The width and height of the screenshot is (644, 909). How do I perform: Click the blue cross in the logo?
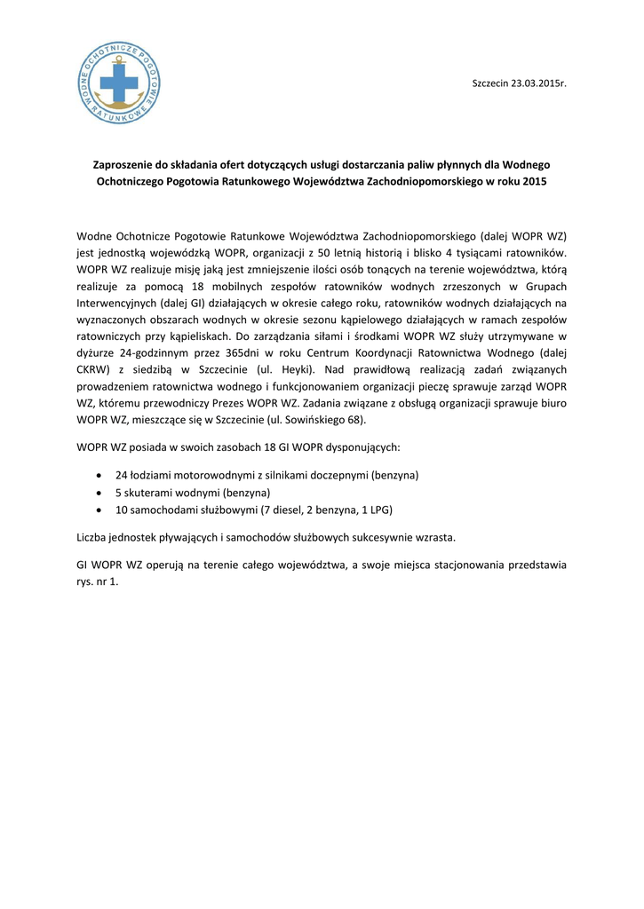119,85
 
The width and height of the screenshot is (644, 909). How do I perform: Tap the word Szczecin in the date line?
489,83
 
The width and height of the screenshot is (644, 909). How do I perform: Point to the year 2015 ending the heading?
535,181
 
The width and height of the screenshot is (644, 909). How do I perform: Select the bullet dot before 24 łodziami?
99,476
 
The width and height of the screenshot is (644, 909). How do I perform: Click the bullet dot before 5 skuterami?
99,493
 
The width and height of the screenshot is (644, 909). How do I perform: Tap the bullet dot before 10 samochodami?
99,510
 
